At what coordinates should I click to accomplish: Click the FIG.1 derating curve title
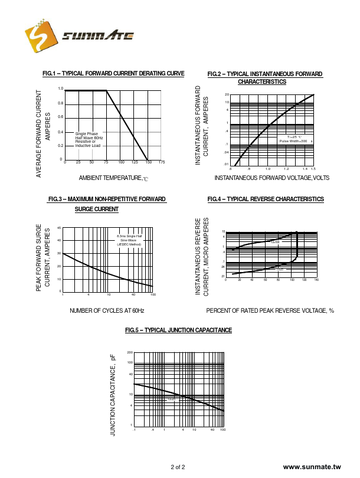tap(113, 73)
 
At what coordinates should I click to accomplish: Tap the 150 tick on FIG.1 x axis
tap(148, 162)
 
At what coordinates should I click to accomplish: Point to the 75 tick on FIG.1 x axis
tap(106, 162)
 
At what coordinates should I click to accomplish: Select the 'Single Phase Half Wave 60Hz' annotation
tap(89, 136)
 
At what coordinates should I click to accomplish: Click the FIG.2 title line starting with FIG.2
tap(265, 74)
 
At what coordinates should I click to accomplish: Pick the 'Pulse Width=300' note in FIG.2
tap(293, 141)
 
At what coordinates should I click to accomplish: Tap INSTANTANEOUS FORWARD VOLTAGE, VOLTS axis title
tap(271, 178)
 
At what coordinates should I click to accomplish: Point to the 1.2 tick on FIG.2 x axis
tap(286, 169)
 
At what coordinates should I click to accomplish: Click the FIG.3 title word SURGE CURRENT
tap(97, 209)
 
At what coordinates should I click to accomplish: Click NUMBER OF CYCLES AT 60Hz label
tap(107, 310)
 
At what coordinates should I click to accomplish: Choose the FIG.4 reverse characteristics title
tap(266, 199)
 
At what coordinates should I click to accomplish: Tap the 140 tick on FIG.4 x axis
tap(316, 280)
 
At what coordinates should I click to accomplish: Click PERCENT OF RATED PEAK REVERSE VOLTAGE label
tap(270, 310)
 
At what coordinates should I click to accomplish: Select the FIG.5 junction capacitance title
tap(179, 330)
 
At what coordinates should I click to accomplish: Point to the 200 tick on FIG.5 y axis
tap(130, 352)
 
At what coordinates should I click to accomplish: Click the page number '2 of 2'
tap(178, 467)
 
